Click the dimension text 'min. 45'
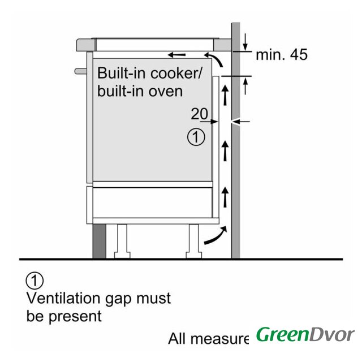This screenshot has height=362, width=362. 281,55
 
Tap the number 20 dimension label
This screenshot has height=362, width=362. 199,114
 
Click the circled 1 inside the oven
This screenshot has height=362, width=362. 195,137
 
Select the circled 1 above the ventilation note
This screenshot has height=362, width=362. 35,279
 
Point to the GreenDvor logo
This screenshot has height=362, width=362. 305,334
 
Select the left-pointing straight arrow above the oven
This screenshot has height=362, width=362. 176,55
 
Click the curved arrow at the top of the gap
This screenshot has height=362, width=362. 214,58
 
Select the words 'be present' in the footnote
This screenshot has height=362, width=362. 64,315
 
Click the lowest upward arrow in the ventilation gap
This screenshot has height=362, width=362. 225,196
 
